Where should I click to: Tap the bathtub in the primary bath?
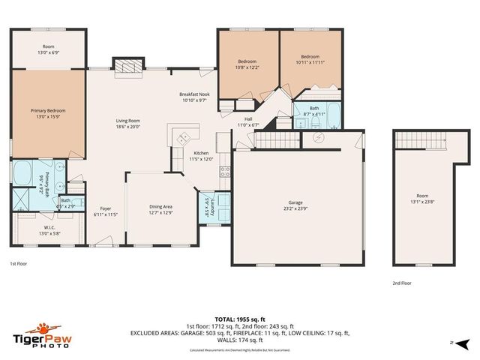coord(22,170)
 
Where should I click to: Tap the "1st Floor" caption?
coord(19,264)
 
